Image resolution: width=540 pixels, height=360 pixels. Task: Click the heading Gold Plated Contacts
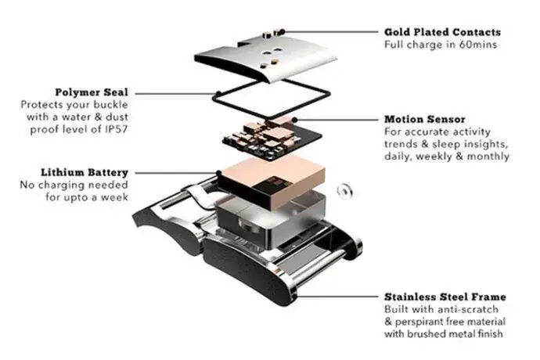442,32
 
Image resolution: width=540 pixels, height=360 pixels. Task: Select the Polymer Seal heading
92,92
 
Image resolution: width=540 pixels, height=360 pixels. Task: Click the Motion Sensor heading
425,119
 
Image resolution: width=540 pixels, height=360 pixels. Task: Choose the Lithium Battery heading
85,172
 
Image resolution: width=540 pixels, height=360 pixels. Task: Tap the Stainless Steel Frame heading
445,297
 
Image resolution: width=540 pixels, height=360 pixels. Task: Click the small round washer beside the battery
344,191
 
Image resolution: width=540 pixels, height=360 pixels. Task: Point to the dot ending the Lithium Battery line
218,173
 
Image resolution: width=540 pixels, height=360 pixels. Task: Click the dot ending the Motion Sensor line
294,120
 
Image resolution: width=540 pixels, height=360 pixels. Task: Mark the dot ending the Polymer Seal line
218,93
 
